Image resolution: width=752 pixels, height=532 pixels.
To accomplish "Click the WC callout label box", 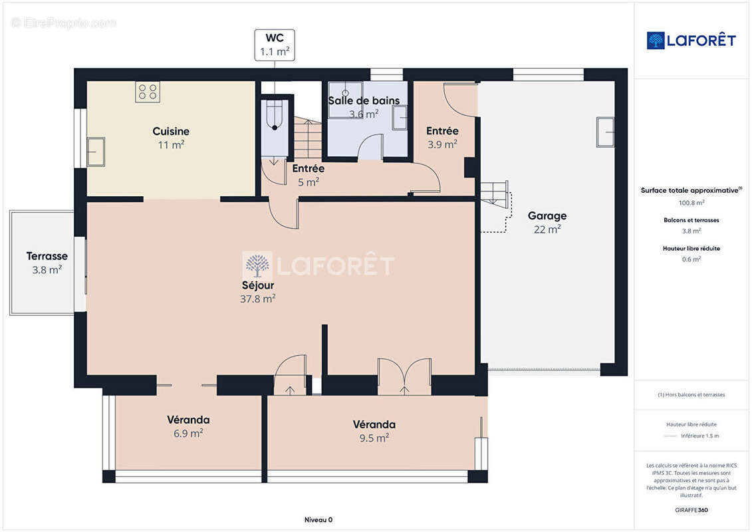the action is pos(275,45).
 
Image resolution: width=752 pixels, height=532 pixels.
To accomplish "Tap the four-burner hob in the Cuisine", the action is pos(148,92).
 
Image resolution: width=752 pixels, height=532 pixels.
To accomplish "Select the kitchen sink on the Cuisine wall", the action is pos(96,152).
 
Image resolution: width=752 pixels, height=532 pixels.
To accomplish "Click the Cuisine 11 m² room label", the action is pos(171,138).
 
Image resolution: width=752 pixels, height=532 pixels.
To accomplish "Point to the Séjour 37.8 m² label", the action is pos(257,292).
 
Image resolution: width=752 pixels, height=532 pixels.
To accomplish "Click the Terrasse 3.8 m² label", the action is pos(47,263).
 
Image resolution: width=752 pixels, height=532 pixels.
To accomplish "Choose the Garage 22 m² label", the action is pos(547,223).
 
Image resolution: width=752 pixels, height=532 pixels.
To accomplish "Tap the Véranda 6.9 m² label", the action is pos(188,426).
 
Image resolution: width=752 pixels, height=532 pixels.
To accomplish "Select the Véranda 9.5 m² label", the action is pos(374,432).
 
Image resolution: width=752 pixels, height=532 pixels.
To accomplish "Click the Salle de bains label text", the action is pos(364,100).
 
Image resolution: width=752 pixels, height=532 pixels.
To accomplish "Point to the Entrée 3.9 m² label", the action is pos(442,138).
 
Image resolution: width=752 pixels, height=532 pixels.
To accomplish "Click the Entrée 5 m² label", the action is pos(309,175).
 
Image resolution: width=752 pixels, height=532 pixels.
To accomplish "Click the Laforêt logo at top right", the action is pos(691,41).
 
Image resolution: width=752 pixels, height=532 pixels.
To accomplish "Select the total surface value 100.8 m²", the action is pos(691,202).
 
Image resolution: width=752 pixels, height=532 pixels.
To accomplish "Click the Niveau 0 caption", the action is pos(318,519).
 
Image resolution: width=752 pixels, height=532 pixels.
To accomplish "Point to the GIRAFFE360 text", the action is pos(691,510).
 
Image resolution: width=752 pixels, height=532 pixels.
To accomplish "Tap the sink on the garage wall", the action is pos(605,132).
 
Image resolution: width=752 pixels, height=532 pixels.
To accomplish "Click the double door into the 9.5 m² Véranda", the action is pos(404,376).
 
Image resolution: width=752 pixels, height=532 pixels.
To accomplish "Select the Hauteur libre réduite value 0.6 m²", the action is pos(691,259).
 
